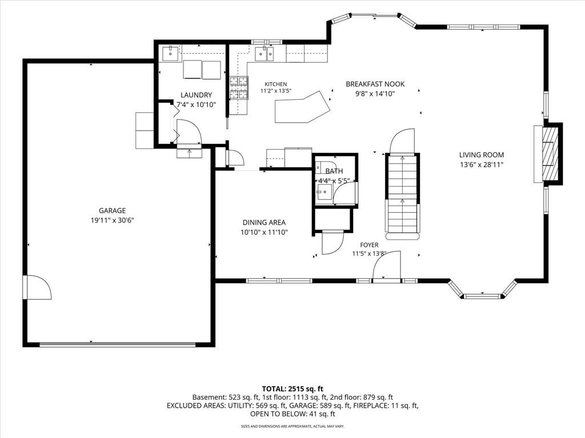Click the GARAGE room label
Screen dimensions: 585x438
112,210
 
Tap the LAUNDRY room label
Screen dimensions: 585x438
197,95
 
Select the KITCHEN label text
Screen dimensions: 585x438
276,84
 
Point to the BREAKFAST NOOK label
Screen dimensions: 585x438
375,84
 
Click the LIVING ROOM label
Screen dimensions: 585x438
481,155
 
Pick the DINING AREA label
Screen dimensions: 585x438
264,223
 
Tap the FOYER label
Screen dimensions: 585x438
369,245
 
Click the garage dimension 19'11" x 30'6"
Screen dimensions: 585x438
112,221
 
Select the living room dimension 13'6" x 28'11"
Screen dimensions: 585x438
482,165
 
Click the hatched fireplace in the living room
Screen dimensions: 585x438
550,154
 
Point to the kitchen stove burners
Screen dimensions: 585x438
238,88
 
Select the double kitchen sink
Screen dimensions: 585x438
264,54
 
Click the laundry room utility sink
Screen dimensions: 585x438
170,53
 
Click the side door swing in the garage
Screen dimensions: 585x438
37,287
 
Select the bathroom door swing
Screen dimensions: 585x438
345,193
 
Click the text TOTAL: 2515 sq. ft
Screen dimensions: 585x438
292,389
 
